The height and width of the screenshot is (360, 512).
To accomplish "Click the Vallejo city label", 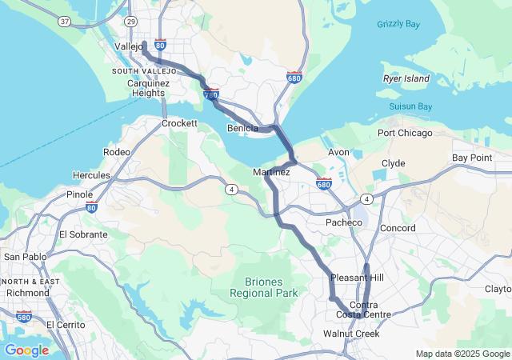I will coord(128,47).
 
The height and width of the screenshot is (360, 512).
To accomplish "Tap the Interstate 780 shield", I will coord(211,94).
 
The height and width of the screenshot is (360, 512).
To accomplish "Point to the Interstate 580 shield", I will coord(23,317).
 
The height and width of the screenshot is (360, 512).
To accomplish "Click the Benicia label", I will coord(242,128).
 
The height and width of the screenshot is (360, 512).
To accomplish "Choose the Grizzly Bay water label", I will coord(398,24).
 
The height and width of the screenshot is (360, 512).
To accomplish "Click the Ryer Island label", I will coord(406,78).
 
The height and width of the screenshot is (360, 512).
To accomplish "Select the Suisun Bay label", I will coord(410,106).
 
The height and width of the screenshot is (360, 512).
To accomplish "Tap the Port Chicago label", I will coord(405,133).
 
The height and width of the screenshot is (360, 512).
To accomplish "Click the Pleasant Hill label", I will coord(358,277).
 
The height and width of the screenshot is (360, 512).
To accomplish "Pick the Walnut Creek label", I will coord(351,334).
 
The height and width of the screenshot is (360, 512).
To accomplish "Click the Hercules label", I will coord(92,174).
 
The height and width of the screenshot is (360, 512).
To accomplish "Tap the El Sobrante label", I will coord(83,234).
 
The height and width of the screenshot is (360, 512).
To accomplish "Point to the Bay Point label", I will coord(472,158).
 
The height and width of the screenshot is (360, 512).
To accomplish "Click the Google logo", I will coord(26,350).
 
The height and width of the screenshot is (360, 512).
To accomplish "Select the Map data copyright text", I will coord(462,354).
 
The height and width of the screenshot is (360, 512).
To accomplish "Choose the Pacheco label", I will coord(344,222).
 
